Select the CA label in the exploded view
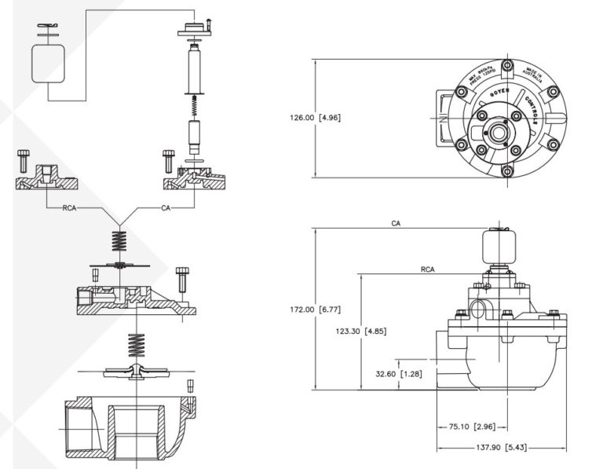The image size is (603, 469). click(x=166, y=208)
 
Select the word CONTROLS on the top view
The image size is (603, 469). click(x=528, y=111)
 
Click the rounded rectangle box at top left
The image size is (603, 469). click(x=47, y=62)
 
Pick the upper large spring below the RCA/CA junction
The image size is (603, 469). click(x=120, y=238)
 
